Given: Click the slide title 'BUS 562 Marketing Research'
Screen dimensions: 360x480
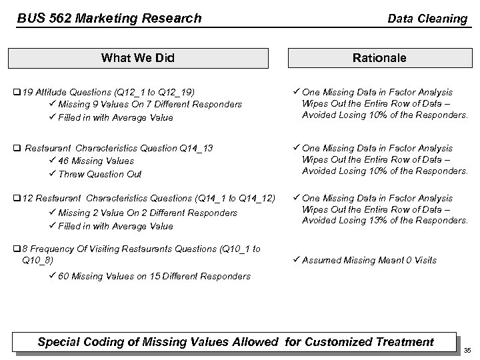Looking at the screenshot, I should [x=109, y=18].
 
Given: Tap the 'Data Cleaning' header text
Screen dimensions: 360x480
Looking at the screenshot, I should [x=427, y=18].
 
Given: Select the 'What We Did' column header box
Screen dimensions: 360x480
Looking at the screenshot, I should [x=137, y=58].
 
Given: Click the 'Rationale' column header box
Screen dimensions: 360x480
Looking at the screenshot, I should [x=379, y=58].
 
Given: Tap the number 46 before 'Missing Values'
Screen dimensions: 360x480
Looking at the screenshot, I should [x=63, y=161].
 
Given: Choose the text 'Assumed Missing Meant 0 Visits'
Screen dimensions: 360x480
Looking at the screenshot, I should [x=369, y=260].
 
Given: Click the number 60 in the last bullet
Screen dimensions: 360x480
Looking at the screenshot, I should [x=63, y=276].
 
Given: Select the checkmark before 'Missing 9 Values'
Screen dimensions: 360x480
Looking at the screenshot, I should [x=52, y=104].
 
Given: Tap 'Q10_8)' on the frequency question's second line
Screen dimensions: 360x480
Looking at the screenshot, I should [x=38, y=260].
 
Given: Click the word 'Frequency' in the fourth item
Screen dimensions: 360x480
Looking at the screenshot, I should [x=55, y=249].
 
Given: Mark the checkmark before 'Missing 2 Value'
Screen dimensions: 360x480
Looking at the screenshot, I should [x=52, y=213].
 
